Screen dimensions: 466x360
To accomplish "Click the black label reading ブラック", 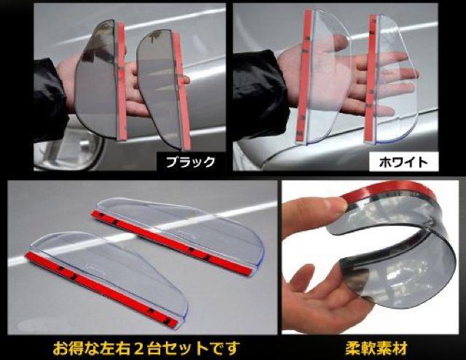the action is (x=191, y=163).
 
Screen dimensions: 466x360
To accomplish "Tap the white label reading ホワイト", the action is (x=403, y=163).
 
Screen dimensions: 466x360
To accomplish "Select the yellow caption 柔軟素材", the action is (x=376, y=348).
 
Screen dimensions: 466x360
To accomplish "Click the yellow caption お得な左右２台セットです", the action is (x=146, y=348).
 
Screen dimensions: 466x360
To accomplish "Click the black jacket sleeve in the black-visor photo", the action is (x=49, y=98).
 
